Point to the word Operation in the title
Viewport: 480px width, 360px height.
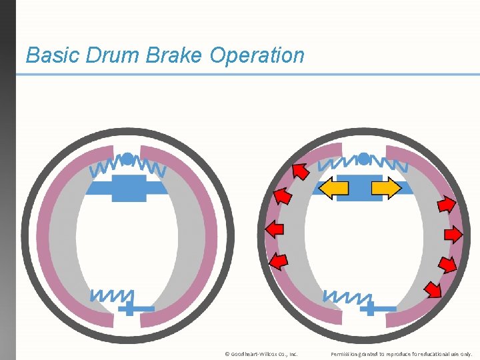[x=257, y=55]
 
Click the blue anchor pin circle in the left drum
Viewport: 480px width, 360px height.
[x=127, y=159]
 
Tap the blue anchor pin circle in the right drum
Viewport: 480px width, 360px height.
[x=363, y=159]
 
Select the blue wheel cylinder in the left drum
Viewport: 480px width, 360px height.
[x=129, y=189]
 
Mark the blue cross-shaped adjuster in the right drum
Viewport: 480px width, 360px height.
[x=373, y=309]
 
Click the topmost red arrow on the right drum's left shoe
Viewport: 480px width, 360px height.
[x=301, y=172]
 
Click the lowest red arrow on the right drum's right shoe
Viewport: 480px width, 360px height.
[x=433, y=289]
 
